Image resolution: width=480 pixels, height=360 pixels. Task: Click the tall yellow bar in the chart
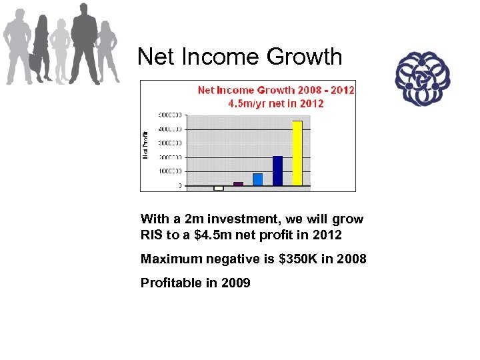(x=297, y=153)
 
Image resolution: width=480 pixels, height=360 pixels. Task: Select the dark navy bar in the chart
(x=277, y=171)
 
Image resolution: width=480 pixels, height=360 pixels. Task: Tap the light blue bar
(x=257, y=179)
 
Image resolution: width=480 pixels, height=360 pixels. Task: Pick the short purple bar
(x=238, y=183)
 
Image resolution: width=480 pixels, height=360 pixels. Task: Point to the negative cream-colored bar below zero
(x=218, y=188)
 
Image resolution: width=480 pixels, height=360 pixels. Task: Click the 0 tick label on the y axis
(x=179, y=186)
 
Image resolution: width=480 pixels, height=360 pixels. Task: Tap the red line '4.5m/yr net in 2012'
(x=276, y=103)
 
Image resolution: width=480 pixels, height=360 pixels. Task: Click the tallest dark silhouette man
(x=84, y=43)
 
